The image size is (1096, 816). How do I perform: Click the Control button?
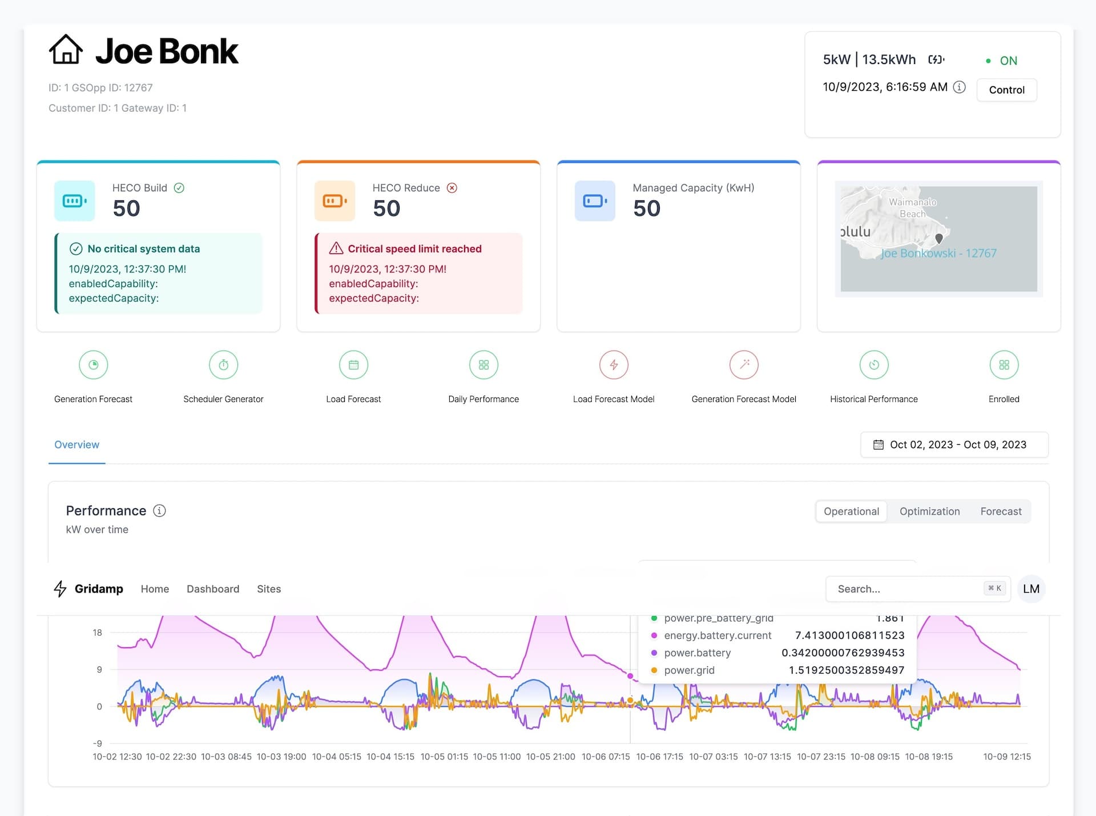(1006, 90)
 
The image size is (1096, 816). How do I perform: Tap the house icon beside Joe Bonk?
(66, 50)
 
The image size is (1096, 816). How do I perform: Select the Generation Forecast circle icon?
(94, 365)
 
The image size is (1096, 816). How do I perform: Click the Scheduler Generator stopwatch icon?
(224, 365)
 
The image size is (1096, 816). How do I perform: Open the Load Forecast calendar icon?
(354, 365)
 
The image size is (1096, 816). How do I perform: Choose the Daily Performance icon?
(483, 365)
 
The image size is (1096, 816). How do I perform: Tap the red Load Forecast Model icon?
(614, 365)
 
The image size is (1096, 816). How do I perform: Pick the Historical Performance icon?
(874, 365)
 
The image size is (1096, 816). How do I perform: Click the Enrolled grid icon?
(1004, 365)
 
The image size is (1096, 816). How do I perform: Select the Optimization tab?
(929, 512)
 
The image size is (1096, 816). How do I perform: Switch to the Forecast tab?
(1001, 512)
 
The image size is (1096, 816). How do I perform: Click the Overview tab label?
(76, 445)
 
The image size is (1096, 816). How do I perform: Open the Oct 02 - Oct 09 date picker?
(954, 445)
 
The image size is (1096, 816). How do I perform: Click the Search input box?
(908, 589)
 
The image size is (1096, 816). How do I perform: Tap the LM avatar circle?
(1031, 589)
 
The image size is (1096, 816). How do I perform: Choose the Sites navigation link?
(269, 589)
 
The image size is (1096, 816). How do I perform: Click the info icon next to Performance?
(160, 511)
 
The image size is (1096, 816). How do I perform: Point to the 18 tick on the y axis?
(98, 633)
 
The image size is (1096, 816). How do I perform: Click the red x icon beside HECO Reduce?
(452, 188)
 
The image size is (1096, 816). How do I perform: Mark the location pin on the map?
(939, 238)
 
